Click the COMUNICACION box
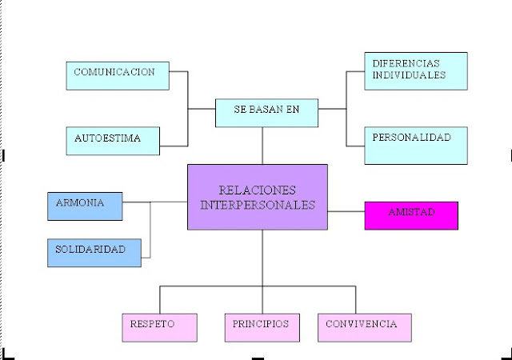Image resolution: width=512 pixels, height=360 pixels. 118,74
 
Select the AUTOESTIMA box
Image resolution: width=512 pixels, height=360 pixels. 113,140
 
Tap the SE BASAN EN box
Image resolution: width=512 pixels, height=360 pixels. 266,113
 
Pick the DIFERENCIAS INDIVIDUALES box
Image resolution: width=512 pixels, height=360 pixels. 415,71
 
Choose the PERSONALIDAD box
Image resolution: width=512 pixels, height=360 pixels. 415,145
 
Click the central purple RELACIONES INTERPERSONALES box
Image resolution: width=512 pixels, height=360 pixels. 257,198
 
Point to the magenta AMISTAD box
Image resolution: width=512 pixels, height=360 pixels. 411,215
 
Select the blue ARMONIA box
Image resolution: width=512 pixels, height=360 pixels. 85,206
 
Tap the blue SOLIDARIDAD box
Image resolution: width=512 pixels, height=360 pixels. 94,252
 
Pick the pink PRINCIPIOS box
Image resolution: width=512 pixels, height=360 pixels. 262,326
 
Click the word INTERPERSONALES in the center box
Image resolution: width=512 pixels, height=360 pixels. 257,205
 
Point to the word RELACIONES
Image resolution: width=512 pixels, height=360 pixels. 257,190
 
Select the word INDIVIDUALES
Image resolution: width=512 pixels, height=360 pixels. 409,75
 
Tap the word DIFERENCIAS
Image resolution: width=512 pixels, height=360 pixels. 406,63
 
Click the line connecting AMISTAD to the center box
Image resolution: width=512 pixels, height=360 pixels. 346,212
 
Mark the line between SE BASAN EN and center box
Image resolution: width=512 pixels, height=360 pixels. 262,146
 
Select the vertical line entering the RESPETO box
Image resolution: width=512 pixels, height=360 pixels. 159,299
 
